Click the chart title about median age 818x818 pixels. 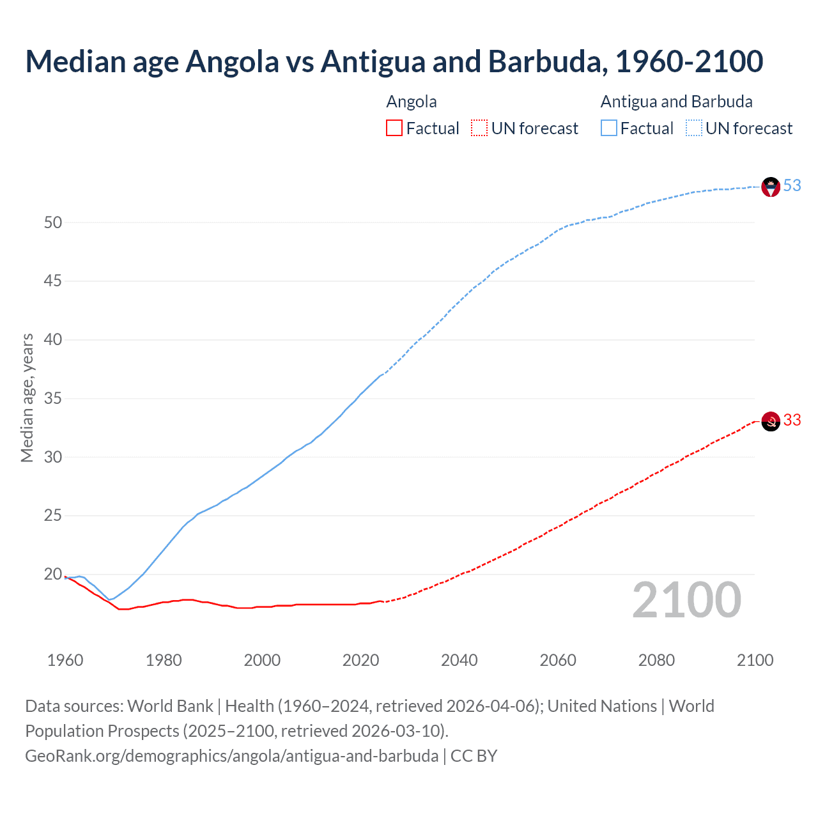click(x=394, y=61)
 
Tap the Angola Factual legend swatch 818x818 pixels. click(x=394, y=128)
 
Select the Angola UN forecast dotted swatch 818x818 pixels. click(x=479, y=128)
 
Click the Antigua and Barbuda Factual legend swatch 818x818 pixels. click(x=609, y=128)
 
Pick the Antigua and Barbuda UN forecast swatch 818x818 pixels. click(x=694, y=128)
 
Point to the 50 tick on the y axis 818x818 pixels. click(x=53, y=222)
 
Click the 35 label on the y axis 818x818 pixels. click(x=53, y=399)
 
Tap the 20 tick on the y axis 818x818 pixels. click(x=53, y=575)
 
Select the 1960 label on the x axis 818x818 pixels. click(x=65, y=660)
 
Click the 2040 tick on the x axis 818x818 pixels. click(x=459, y=660)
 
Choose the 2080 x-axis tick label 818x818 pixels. click(x=656, y=660)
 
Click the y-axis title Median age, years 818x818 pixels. click(x=27, y=397)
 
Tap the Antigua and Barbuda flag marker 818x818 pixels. click(x=771, y=187)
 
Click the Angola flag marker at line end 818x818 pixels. click(x=771, y=421)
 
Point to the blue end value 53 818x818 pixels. click(x=792, y=185)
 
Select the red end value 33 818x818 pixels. click(x=792, y=420)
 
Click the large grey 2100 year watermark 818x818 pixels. click(x=686, y=600)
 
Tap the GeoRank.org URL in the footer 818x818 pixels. click(x=231, y=756)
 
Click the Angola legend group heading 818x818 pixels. click(x=412, y=102)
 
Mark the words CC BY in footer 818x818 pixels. click(x=474, y=756)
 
